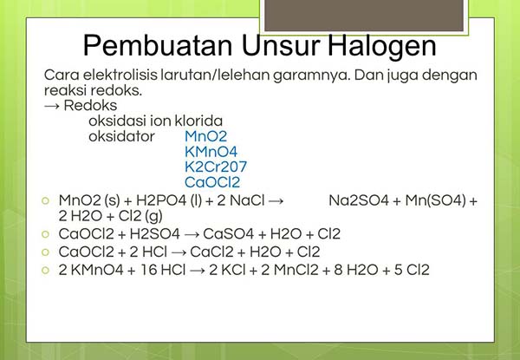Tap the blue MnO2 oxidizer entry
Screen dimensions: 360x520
205,136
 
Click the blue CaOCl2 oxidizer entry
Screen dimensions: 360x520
212,183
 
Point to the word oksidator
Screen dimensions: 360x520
121,136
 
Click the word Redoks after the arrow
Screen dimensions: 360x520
93,105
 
